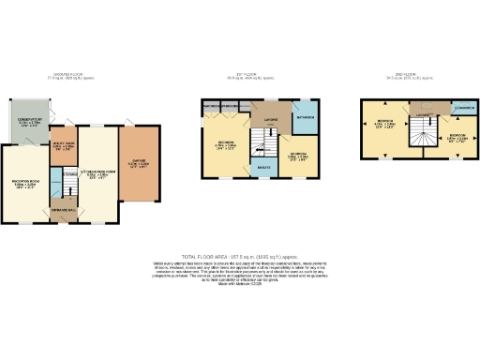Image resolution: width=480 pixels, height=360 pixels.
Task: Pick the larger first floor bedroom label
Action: pyautogui.click(x=225, y=145)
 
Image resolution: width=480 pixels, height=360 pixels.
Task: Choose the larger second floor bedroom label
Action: pyautogui.click(x=384, y=125)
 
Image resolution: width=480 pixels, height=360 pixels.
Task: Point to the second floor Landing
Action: pyautogui.click(x=424, y=115)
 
